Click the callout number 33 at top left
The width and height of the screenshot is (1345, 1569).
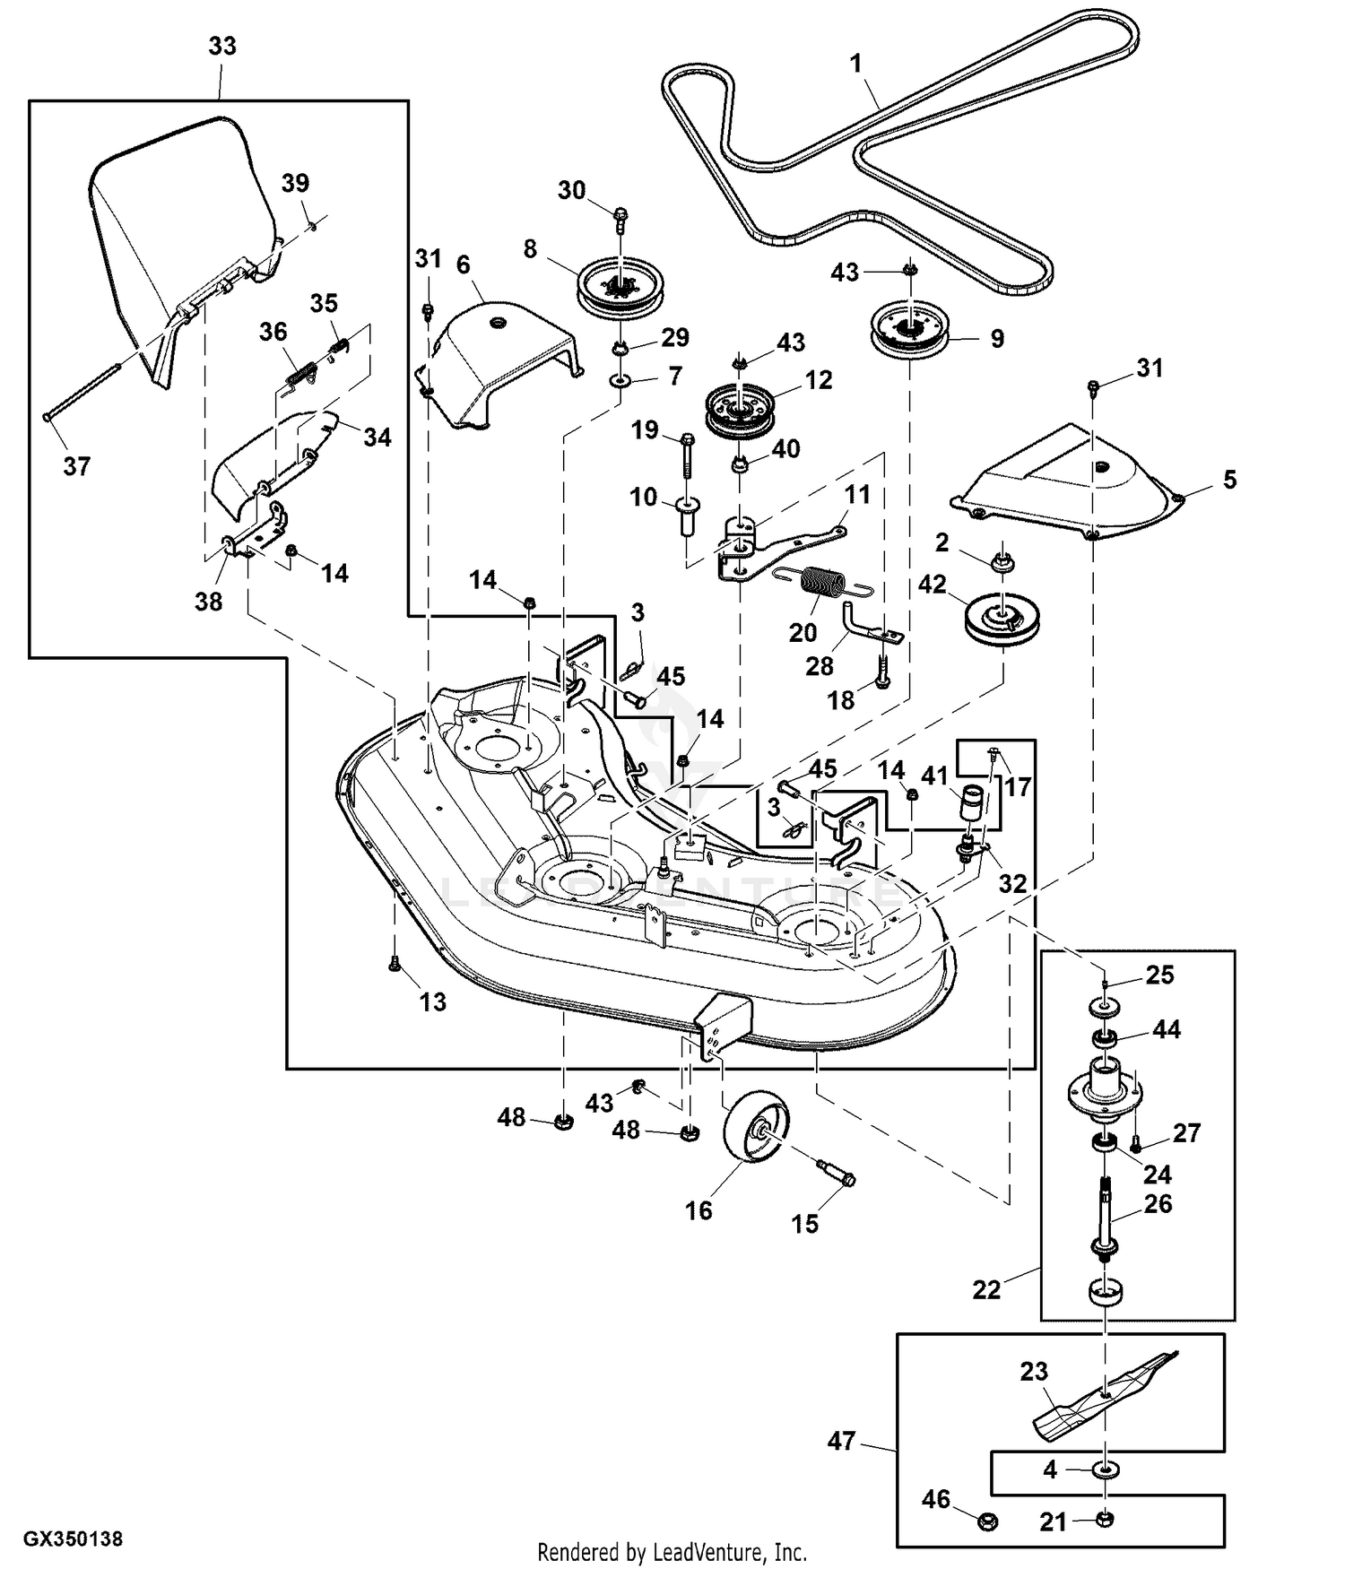coord(221,47)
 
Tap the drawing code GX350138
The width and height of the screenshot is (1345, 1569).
coord(73,1539)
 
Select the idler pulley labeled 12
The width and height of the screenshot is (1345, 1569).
coord(740,411)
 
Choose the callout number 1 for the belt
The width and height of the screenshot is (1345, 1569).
coord(855,63)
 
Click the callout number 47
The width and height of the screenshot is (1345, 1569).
coord(841,1442)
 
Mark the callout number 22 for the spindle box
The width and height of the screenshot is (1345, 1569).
coord(986,1290)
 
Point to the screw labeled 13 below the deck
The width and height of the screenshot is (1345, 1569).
coord(395,965)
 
